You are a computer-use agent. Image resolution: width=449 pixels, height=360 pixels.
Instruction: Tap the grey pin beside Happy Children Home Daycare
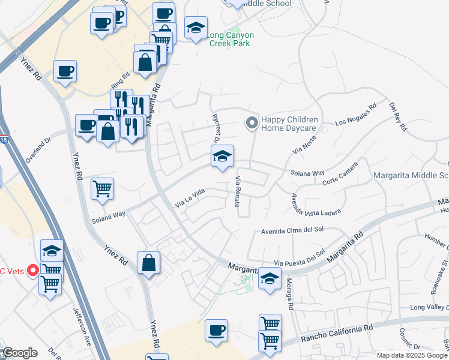coord(252,124)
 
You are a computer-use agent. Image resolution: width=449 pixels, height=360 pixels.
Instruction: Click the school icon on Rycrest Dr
coord(222,157)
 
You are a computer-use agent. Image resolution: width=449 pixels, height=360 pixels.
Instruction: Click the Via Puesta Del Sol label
coord(299,257)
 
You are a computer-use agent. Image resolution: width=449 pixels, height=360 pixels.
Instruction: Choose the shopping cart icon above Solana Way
coord(102,189)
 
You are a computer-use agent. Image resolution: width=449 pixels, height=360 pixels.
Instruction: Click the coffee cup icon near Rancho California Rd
coord(216,330)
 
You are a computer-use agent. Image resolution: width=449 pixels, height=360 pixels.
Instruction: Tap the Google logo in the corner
coord(19,353)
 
